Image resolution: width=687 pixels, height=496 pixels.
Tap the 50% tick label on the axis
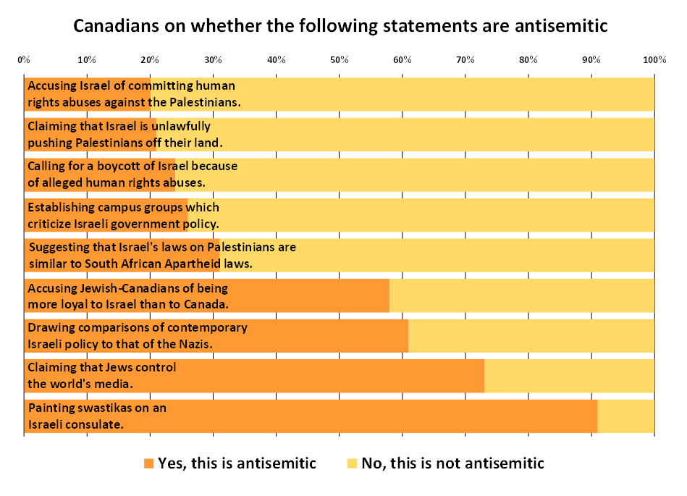click(x=339, y=59)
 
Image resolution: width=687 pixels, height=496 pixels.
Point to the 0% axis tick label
click(x=23, y=59)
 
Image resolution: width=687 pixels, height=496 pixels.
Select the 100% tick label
click(x=654, y=59)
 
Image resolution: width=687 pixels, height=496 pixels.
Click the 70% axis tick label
click(x=465, y=59)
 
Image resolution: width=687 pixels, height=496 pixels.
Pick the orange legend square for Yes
click(x=148, y=463)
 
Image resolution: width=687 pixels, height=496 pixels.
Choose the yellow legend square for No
click(x=353, y=463)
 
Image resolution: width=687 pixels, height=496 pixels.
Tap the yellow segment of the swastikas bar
click(x=625, y=416)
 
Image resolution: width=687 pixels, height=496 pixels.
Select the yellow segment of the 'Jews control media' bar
click(x=569, y=376)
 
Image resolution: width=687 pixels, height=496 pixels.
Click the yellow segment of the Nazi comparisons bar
click(x=531, y=335)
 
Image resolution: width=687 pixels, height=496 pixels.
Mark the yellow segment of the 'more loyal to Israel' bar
click(x=521, y=295)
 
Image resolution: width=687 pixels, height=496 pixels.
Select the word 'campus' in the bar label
click(x=111, y=207)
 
